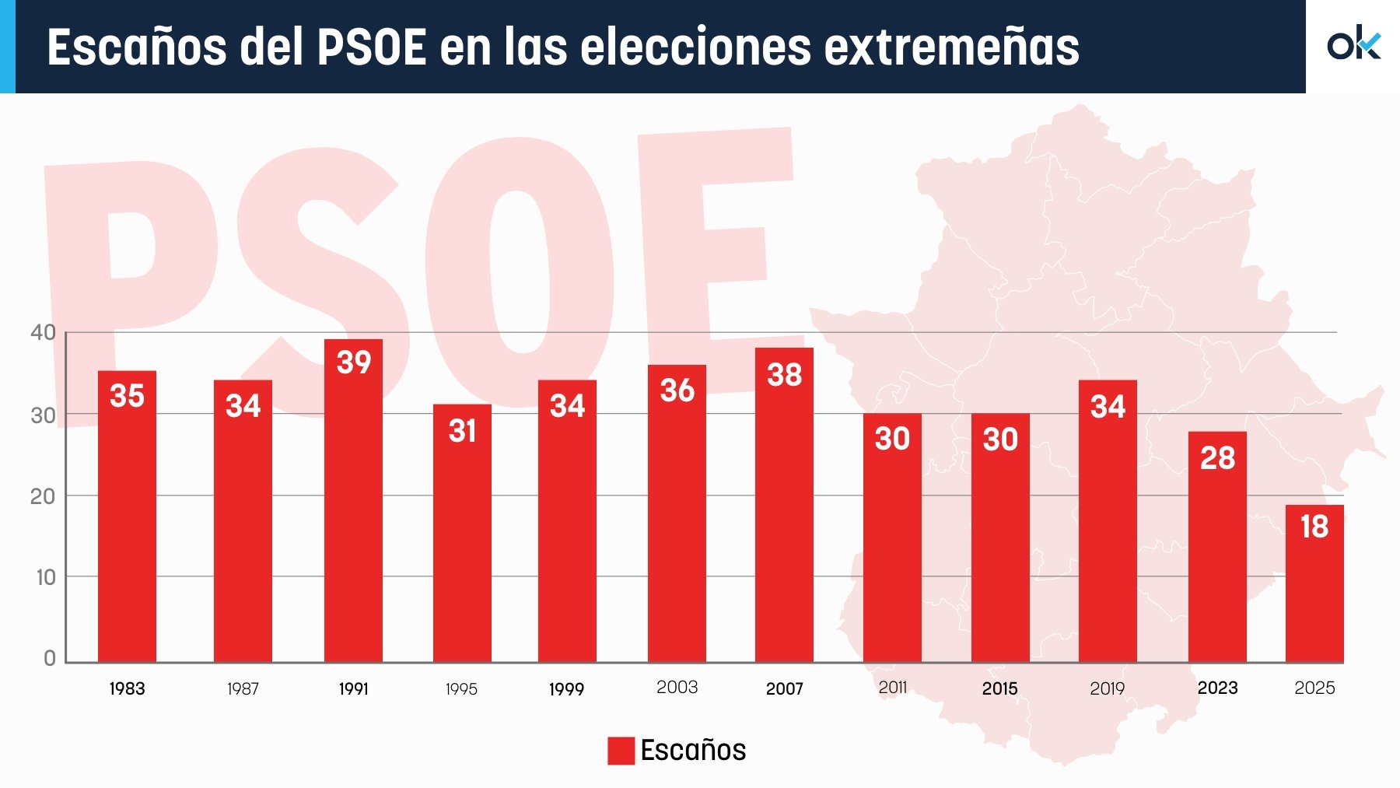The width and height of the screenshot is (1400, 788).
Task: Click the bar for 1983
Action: pos(127,517)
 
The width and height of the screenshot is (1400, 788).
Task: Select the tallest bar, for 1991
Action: pos(353,502)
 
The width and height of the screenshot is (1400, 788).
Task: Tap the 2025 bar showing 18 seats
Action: pos(1314,583)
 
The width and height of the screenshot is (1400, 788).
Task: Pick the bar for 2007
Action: pos(784,506)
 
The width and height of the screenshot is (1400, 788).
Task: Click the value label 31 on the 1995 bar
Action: pos(462,431)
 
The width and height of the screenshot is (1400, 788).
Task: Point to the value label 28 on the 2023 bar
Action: pos(1217,458)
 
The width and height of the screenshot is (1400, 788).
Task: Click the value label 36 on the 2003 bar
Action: pos(677,390)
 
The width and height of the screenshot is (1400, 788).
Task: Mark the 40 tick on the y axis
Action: pos(43,333)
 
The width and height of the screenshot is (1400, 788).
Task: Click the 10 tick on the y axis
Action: pos(46,577)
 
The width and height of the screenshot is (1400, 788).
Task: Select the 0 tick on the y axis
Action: pos(50,659)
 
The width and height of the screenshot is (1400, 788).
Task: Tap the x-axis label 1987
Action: pos(243,688)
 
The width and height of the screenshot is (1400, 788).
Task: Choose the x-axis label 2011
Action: pos(892,688)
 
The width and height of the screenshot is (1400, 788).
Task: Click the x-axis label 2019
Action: pos(1107,688)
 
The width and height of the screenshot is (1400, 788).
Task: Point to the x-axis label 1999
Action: pos(566,689)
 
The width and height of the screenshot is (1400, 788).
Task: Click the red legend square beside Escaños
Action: pos(621,751)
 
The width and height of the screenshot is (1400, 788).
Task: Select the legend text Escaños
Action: pos(693,751)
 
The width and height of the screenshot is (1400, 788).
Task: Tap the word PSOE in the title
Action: pos(371,47)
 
